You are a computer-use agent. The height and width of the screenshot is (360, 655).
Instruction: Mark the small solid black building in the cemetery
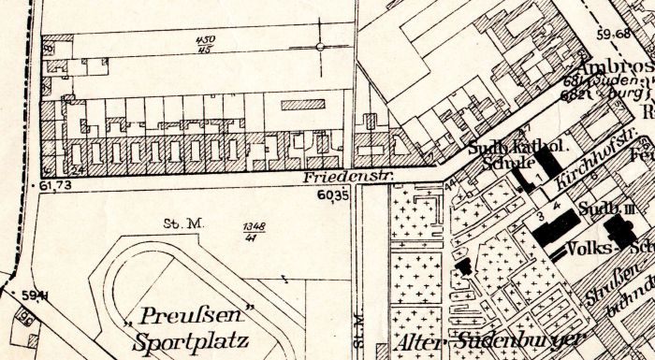(x=462, y=266)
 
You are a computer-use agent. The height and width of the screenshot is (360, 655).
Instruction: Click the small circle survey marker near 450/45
(x=321, y=46)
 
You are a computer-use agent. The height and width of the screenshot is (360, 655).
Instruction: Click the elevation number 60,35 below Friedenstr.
(x=332, y=195)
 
